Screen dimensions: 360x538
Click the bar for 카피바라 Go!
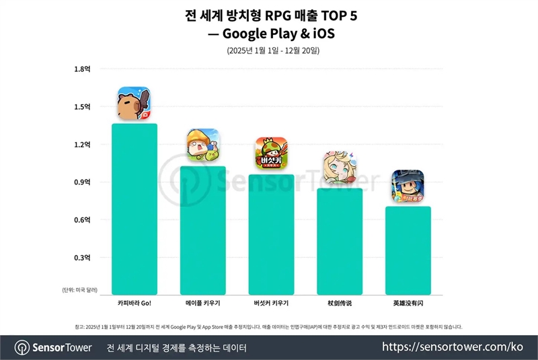coord(134,209)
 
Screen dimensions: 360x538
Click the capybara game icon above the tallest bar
coord(134,104)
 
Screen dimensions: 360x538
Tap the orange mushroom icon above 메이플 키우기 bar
coord(203,145)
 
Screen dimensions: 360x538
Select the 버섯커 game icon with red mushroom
coord(272,153)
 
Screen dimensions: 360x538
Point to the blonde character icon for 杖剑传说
coord(340,168)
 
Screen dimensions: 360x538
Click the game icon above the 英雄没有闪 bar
coord(408,186)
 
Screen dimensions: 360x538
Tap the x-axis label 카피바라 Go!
coord(134,303)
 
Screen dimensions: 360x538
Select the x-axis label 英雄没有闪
coord(408,303)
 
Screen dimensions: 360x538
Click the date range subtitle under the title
coord(269,50)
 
